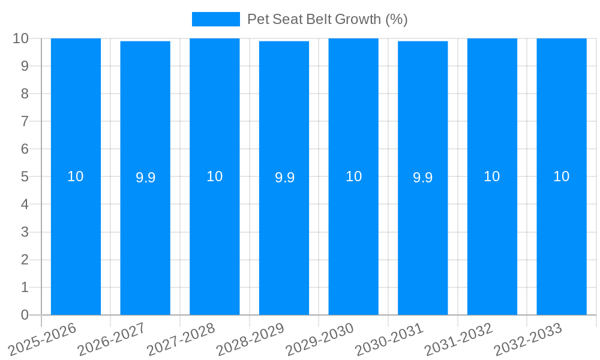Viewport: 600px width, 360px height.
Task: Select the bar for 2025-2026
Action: click(76, 240)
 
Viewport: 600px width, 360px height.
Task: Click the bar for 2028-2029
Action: click(284, 240)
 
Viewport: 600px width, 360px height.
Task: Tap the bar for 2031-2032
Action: click(492, 240)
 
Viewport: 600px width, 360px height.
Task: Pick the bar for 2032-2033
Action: click(562, 240)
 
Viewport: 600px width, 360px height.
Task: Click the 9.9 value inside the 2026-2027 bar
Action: click(145, 178)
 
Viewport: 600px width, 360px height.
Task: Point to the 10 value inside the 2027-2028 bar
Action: click(214, 176)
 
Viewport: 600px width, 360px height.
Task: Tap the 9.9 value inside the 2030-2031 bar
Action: click(422, 178)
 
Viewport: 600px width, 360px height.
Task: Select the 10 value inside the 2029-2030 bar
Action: click(353, 176)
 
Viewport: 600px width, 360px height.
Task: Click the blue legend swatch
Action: click(215, 19)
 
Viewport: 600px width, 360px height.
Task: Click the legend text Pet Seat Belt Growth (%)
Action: click(327, 19)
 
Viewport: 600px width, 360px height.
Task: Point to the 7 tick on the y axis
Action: click(25, 121)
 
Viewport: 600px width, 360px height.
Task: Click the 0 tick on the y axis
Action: click(25, 315)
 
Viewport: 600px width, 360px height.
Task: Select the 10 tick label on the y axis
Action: click(21, 38)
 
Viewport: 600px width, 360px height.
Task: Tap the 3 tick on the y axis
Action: click(25, 232)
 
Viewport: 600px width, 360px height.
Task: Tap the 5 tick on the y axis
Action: click(25, 176)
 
